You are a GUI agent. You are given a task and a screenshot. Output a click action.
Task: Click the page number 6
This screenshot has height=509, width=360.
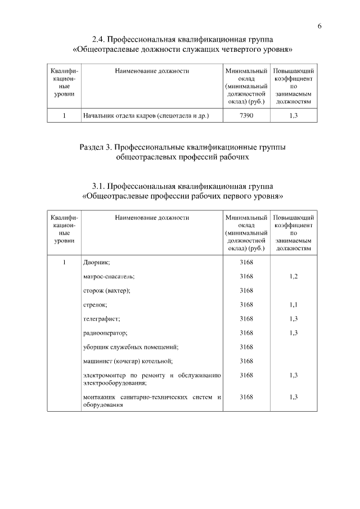(x=319, y=26)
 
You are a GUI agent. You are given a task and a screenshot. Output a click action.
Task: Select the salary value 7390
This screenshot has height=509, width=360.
(x=246, y=116)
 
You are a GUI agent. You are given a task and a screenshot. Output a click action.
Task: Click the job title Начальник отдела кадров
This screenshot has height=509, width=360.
(x=146, y=116)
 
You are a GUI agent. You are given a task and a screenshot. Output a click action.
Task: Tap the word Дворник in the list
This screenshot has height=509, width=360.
(x=96, y=263)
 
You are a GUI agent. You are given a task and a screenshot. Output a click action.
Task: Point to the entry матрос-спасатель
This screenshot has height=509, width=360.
(x=109, y=277)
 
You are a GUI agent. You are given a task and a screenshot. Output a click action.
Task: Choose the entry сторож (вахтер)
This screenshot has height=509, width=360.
(x=106, y=291)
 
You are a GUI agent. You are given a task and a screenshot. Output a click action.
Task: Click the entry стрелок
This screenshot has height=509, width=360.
(x=95, y=305)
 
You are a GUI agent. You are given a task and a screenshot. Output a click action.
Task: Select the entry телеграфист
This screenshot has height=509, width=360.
(x=101, y=319)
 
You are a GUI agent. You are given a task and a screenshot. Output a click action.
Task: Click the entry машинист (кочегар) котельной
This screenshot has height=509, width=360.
(x=127, y=361)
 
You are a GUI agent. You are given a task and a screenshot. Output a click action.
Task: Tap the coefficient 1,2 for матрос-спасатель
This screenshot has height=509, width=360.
(x=293, y=277)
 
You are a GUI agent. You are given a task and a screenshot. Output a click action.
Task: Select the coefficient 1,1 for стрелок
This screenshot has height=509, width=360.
(x=293, y=305)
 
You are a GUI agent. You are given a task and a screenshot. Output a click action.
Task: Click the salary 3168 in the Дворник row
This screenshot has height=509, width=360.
(x=246, y=263)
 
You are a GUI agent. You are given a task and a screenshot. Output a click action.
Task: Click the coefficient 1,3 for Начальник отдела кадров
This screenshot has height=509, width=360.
(x=293, y=116)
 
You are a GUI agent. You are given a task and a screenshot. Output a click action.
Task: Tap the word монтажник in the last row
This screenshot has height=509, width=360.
(x=100, y=398)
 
